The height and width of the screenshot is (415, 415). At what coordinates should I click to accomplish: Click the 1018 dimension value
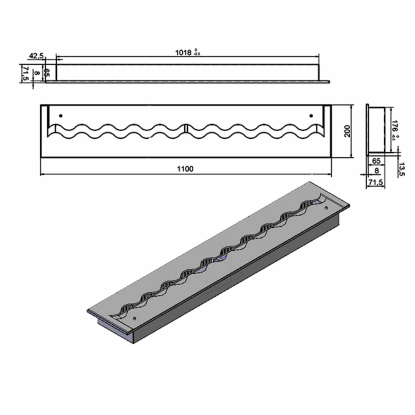tap(183, 53)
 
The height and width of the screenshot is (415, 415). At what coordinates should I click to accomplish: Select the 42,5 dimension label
tap(36, 55)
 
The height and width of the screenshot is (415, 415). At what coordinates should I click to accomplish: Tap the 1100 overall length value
tap(185, 169)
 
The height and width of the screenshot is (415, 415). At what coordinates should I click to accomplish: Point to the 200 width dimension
tap(348, 131)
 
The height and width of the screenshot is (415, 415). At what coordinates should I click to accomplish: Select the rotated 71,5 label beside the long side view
tap(25, 74)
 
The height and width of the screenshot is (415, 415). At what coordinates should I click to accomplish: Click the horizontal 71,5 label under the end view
tap(376, 182)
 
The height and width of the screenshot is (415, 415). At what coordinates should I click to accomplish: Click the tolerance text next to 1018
tap(197, 52)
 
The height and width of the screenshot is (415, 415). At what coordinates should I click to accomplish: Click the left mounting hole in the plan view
tap(61, 116)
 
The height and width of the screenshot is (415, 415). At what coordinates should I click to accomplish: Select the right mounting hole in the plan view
tap(311, 116)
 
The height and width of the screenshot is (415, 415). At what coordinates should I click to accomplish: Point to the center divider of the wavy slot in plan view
tap(186, 128)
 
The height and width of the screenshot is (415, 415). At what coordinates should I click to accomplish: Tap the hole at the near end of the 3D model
tap(135, 317)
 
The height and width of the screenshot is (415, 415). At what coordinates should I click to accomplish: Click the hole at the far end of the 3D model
tap(326, 208)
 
